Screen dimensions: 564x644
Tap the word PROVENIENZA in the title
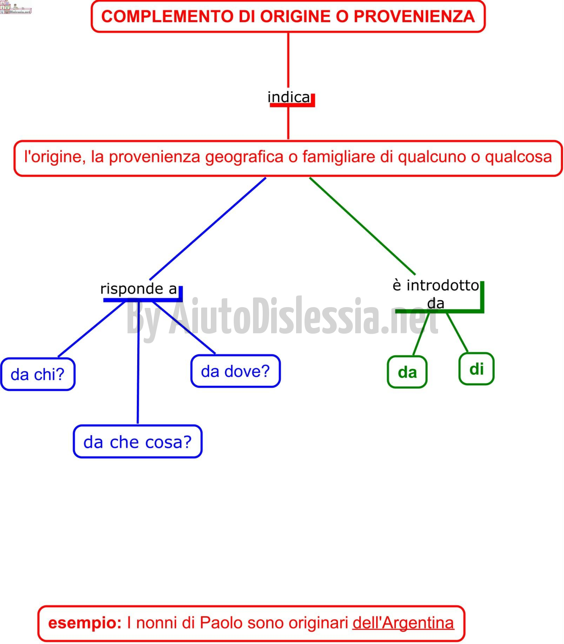pos(414,17)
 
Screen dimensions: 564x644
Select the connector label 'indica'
pos(289,97)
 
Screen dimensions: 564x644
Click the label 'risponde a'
pos(139,289)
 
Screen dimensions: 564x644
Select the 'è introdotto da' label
pos(436,294)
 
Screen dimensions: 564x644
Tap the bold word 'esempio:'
pos(85,623)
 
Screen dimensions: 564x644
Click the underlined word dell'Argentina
pos(403,623)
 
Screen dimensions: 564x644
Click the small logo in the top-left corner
pos(16,7)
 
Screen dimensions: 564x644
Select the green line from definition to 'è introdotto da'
pos(362,226)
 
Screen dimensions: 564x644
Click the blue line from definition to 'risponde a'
pos(208,229)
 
